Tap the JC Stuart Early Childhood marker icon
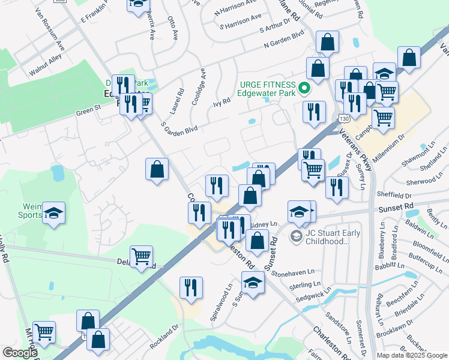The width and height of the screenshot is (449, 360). click(x=296, y=236)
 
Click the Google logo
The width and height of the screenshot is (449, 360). click(x=20, y=353)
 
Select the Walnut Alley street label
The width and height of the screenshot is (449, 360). click(x=46, y=66)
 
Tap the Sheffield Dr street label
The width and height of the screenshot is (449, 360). click(x=395, y=195)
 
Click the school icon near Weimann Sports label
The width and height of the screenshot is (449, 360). click(x=54, y=214)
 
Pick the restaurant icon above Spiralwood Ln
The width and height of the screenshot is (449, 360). click(x=191, y=287)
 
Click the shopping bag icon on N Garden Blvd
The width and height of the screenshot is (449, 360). click(x=328, y=43)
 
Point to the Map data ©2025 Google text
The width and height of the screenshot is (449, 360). click(x=411, y=355)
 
